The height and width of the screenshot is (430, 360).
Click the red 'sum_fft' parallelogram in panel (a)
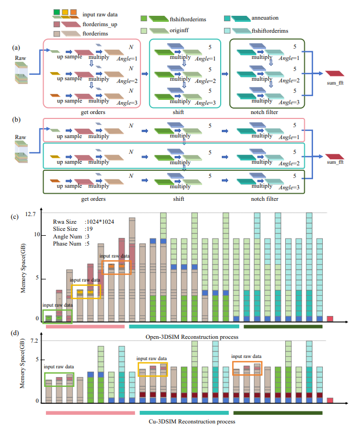(333, 73)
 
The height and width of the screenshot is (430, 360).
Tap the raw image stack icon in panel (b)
(21, 154)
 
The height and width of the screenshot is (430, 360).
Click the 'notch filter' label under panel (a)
(264, 112)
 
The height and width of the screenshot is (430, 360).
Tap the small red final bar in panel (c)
(330, 319)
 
